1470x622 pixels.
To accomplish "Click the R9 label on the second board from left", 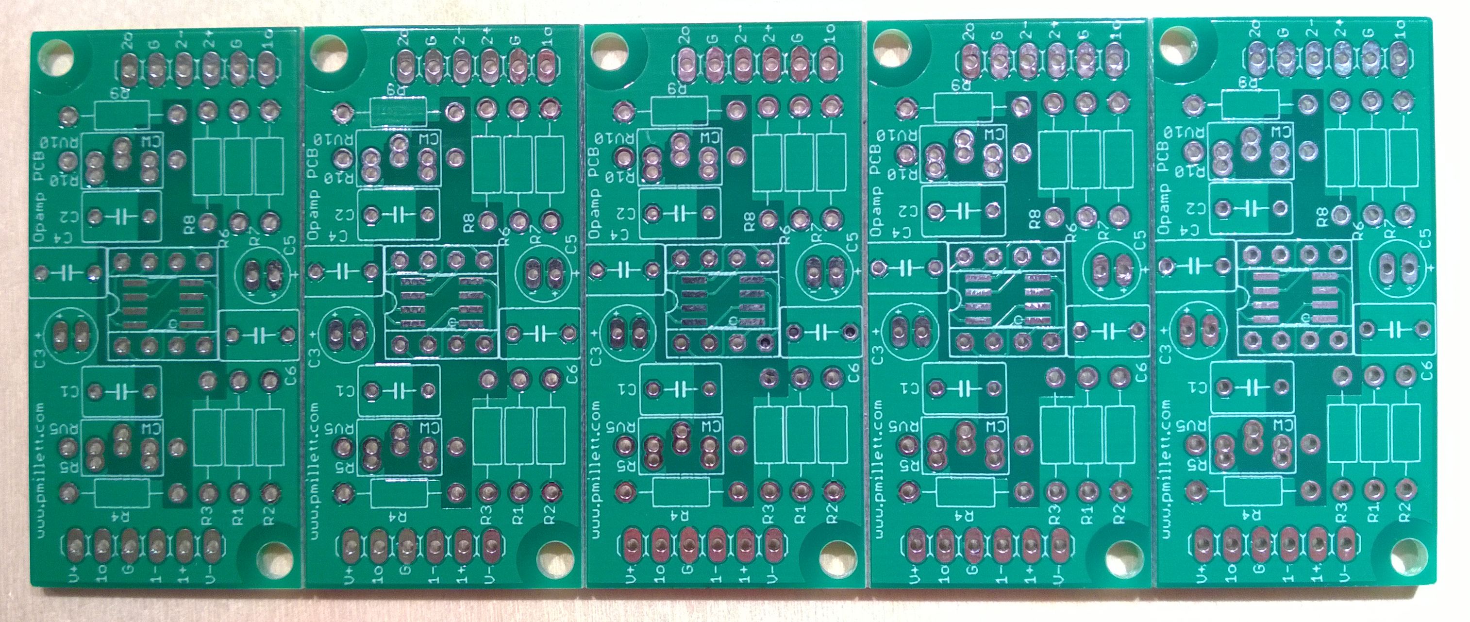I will click(x=394, y=90).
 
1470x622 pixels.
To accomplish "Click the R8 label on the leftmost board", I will click(x=190, y=222).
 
